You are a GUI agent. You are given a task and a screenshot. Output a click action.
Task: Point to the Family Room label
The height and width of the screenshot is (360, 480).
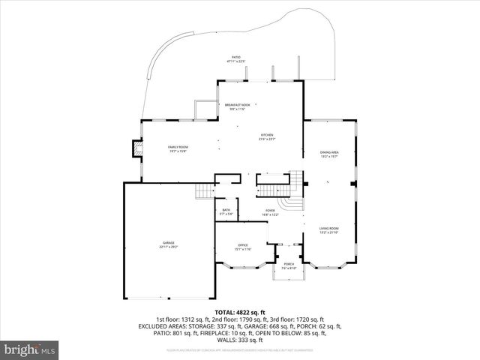point(178,148)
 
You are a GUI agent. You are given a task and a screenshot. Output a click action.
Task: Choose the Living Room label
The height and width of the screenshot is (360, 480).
point(330,229)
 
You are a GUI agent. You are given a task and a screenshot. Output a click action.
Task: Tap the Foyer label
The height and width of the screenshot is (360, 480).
point(270,212)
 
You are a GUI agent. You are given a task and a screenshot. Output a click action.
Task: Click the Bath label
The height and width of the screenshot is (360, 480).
point(226,212)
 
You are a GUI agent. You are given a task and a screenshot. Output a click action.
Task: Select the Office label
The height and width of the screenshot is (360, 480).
point(243,247)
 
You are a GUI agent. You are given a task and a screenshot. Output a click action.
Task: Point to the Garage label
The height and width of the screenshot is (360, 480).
point(169,244)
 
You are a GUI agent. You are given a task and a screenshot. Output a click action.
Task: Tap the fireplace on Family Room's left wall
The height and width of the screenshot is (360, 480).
point(136,148)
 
